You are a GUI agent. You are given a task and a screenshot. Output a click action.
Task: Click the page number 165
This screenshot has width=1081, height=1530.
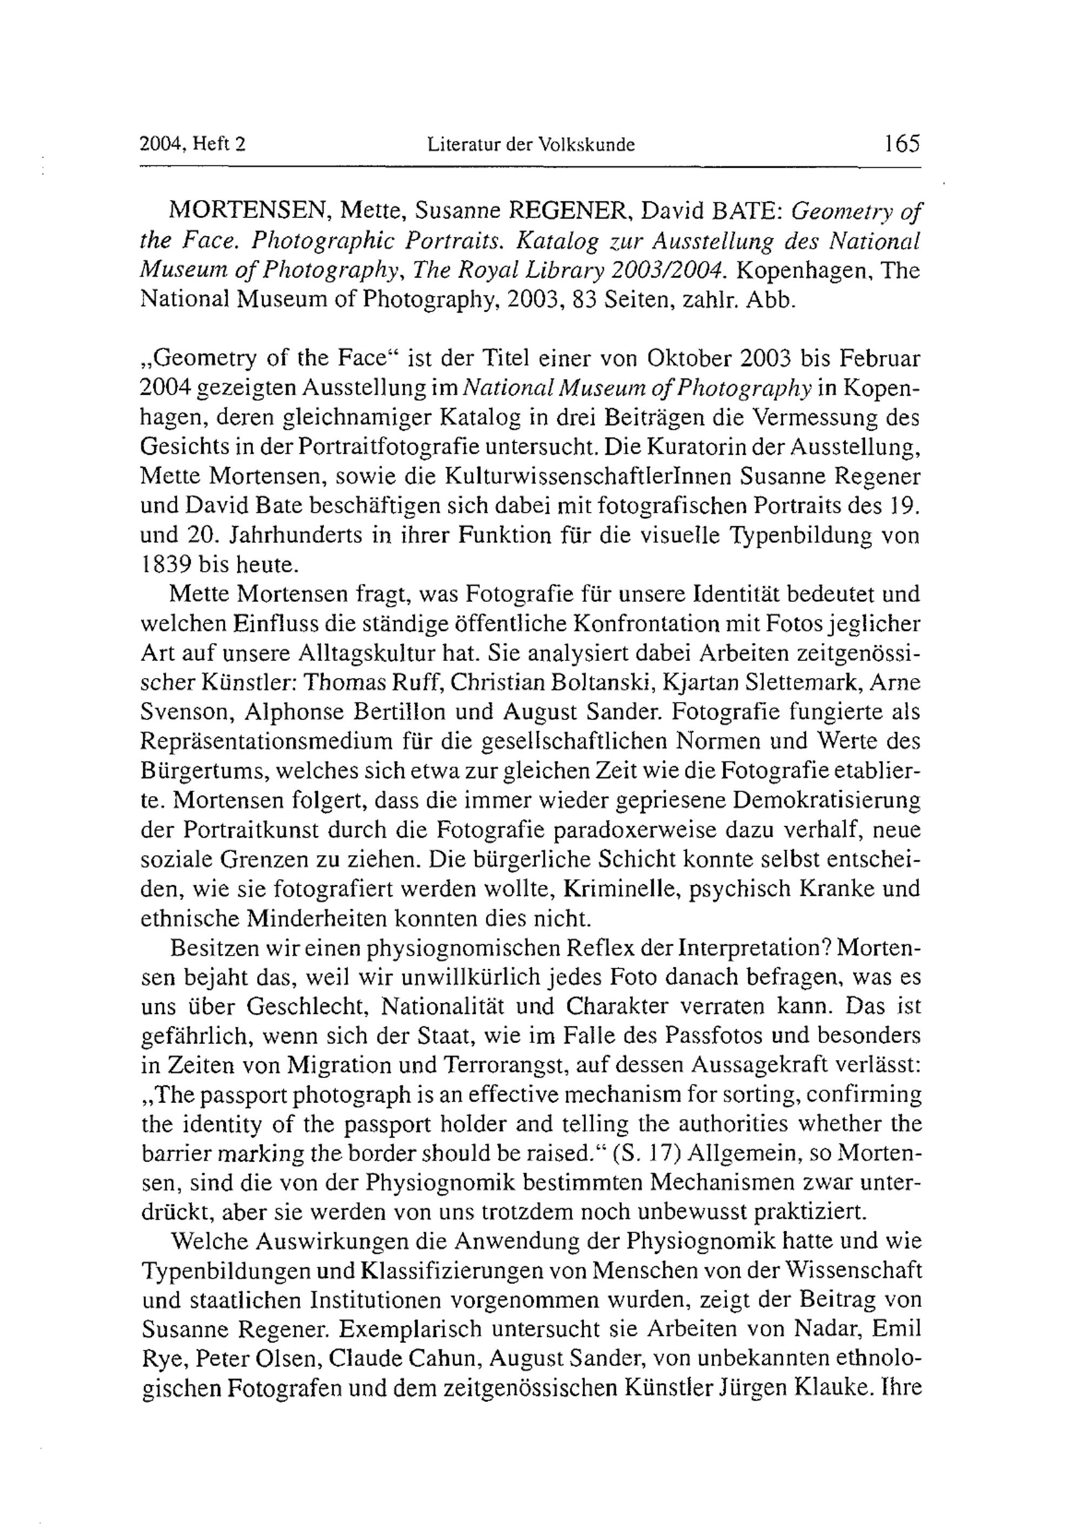click(x=902, y=143)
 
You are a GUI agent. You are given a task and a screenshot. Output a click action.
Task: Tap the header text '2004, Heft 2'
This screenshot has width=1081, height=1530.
click(x=193, y=144)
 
